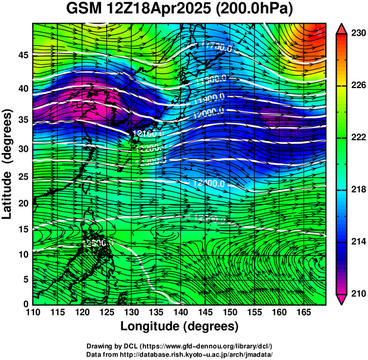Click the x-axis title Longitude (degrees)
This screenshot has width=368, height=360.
point(180,326)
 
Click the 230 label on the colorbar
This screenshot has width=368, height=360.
point(358,34)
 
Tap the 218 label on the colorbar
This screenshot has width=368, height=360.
point(358,190)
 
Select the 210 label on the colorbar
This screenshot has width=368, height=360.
point(358,293)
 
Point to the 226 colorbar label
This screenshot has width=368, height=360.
point(358,86)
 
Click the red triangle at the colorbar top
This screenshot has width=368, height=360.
point(341,28)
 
